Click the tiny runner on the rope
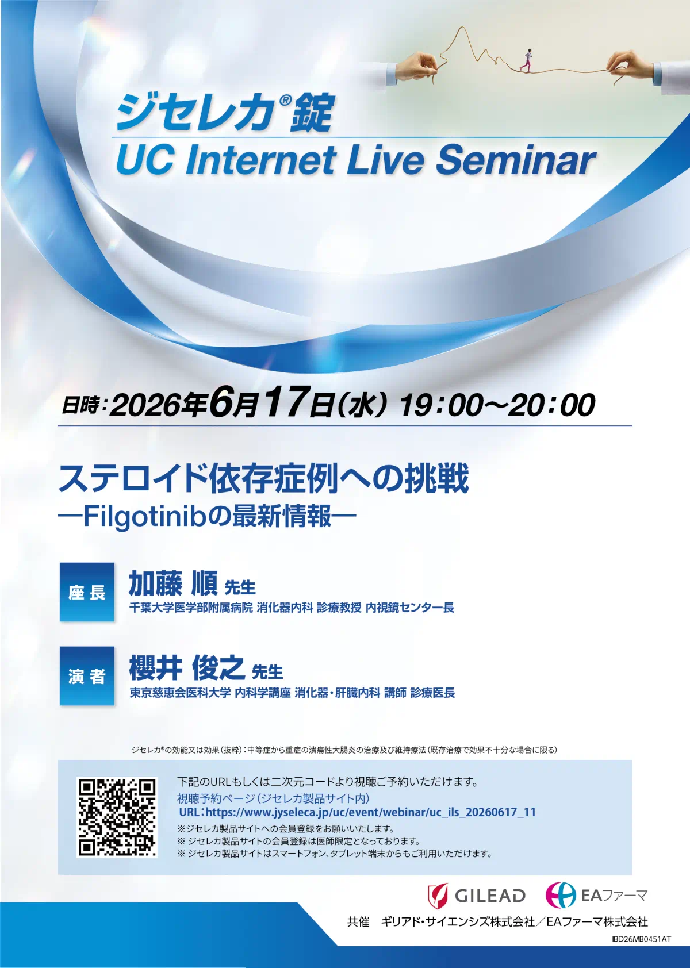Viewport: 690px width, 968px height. (528, 60)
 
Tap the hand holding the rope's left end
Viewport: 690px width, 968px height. (417, 67)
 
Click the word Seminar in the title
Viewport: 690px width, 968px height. (515, 160)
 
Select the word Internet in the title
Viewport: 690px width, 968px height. (261, 160)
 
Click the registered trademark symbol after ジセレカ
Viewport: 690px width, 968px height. (285, 101)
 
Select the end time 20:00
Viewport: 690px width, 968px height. (552, 406)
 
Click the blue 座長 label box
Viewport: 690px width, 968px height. (87, 592)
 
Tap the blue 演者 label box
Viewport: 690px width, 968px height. (87, 676)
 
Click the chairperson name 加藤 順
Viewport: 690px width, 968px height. (173, 583)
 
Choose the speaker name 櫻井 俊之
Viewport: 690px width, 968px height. (187, 668)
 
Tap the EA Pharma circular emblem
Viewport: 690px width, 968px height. (560, 894)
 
